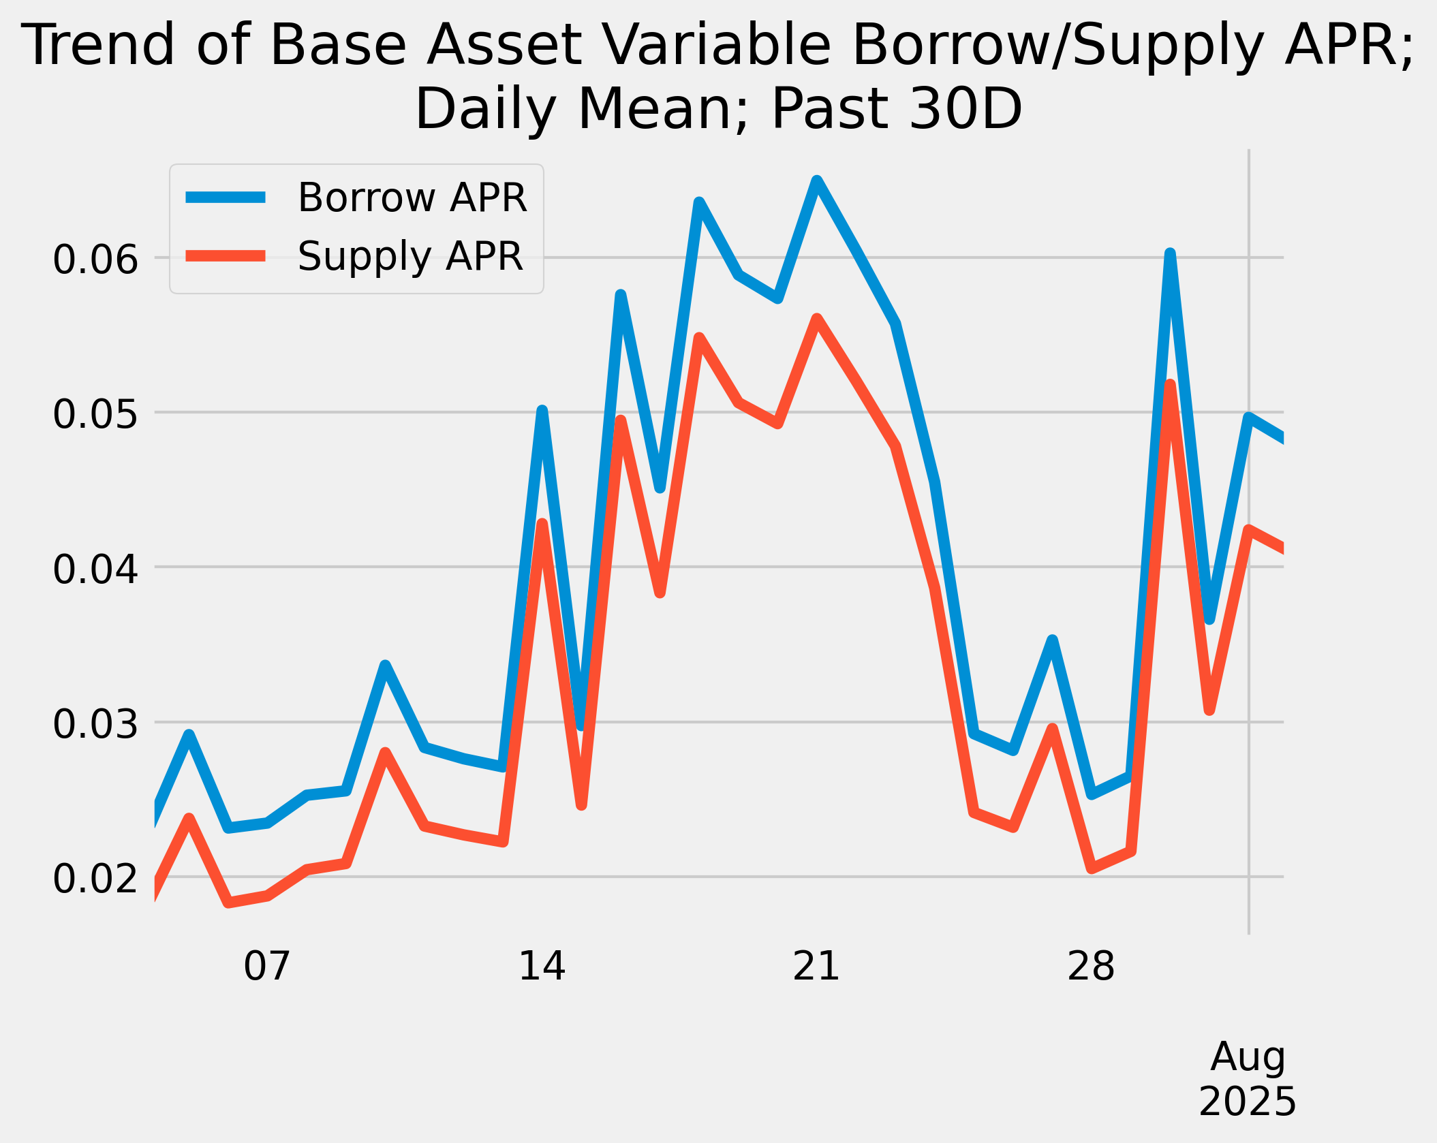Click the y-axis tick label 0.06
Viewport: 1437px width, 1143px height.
click(95, 260)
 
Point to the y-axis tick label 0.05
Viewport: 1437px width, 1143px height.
click(95, 415)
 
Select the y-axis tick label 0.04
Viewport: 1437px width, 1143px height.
click(95, 569)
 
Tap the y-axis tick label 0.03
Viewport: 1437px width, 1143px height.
click(95, 724)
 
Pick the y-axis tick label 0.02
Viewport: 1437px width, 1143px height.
click(95, 879)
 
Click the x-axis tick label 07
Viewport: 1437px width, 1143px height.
click(267, 966)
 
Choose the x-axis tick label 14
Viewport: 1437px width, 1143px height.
click(542, 966)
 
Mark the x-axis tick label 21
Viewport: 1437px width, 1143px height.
click(816, 966)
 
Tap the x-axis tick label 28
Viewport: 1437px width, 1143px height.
click(1091, 966)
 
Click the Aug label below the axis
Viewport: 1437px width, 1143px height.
click(1248, 1057)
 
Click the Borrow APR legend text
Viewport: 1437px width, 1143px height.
click(412, 198)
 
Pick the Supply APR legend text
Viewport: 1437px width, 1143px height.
click(410, 256)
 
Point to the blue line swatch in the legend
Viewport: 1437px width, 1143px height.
click(226, 198)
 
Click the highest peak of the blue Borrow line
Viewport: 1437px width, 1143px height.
click(817, 181)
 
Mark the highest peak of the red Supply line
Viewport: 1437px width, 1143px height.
click(817, 319)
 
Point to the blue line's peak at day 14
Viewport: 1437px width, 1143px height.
click(542, 411)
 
